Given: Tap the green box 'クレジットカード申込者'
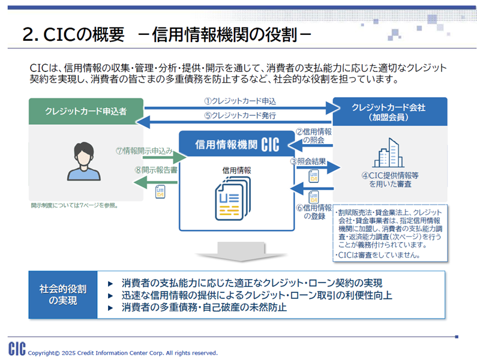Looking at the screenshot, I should coord(86,111).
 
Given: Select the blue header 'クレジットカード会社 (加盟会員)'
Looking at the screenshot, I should coord(389,112).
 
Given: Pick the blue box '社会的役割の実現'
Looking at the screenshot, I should coord(63,295).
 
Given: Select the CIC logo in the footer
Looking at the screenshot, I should coord(17,349).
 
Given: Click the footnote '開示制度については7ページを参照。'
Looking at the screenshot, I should coord(74,205).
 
